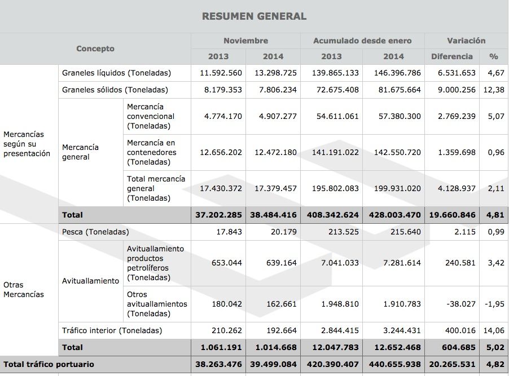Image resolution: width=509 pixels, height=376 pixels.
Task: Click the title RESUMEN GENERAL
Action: pos(254,16)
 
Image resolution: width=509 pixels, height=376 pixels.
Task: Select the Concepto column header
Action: pos(95,49)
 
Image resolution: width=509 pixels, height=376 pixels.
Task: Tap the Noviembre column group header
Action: pos(245,41)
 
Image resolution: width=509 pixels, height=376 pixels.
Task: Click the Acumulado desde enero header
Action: pos(362,41)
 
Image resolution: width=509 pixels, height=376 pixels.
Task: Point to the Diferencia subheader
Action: pos(451,56)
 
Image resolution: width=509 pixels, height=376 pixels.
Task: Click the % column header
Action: pos(494,56)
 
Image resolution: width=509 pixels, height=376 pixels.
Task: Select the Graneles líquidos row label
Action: pos(116,73)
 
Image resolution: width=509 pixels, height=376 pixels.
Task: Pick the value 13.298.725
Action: pos(274,73)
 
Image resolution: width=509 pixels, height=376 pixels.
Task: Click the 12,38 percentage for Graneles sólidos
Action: pos(494,90)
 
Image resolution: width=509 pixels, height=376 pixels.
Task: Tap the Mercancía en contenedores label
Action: pos(151,152)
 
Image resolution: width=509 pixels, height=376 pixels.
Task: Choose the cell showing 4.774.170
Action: pos(221,117)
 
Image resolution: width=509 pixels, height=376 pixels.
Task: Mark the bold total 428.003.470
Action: pos(393,215)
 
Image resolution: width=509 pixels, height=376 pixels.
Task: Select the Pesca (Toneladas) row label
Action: pos(95,232)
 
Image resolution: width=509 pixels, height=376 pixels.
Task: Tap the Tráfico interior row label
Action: pos(112,330)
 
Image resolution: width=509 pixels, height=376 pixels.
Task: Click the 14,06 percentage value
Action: pos(494,330)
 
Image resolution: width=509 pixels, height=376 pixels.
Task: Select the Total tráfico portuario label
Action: pos(49,365)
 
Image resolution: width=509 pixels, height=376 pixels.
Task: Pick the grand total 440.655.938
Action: pos(393,365)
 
